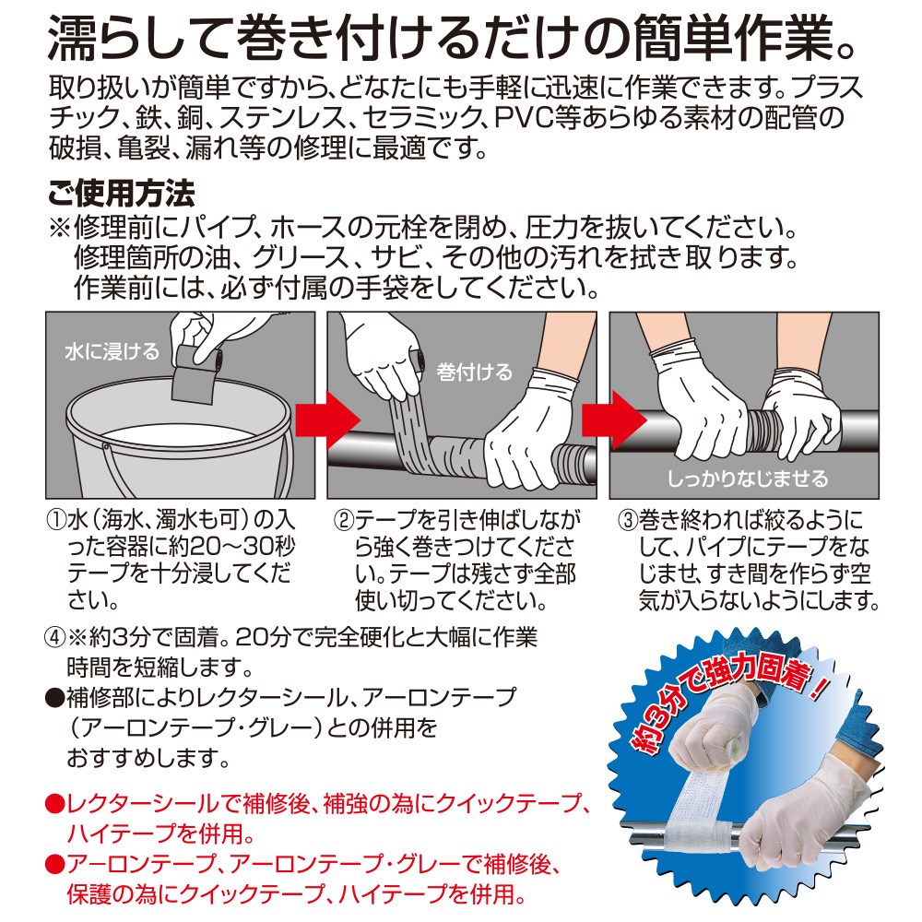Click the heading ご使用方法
[121, 194]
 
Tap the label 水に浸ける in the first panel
[112, 351]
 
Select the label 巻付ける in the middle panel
[474, 372]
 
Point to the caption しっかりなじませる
[748, 479]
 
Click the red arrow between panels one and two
[327, 420]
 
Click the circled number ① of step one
[57, 520]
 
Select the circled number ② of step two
[343, 520]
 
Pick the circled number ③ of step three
[628, 520]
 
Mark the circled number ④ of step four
[56, 638]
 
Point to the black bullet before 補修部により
[55, 698]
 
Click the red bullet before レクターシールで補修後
[55, 804]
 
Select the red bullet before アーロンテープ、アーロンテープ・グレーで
[55, 864]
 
